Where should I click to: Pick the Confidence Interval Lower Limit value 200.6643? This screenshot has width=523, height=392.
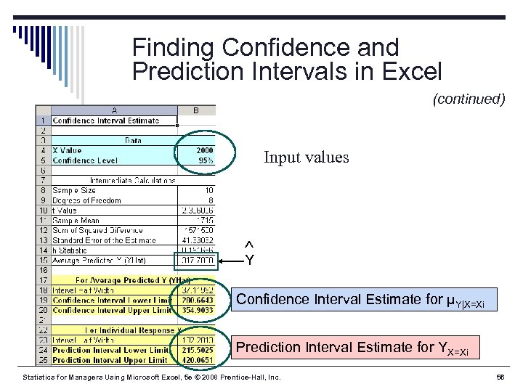(x=196, y=300)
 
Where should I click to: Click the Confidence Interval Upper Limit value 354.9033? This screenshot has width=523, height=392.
(x=196, y=310)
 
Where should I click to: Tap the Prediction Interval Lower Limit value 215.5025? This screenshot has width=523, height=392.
(x=196, y=350)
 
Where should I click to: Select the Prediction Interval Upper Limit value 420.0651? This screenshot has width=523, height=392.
(x=196, y=360)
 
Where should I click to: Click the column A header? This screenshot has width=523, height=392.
(x=114, y=111)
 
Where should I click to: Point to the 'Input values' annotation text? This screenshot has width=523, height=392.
(x=306, y=158)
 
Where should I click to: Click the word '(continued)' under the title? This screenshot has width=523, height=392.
(x=469, y=99)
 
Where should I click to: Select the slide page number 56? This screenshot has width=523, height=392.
(x=499, y=377)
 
